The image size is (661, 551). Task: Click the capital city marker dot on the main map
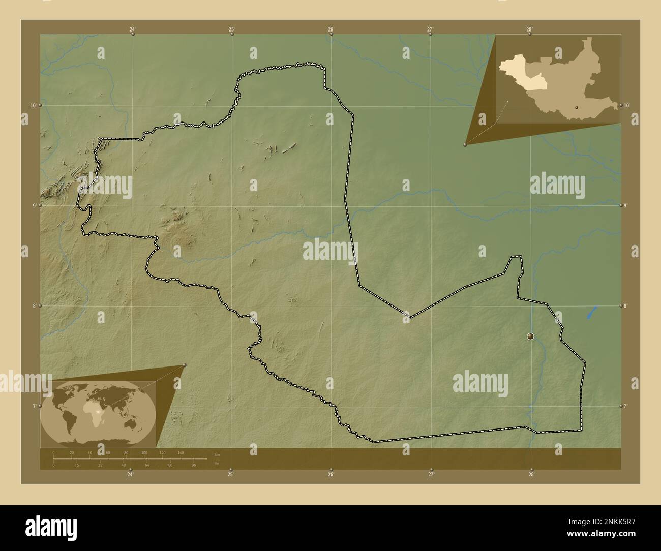coord(530,336)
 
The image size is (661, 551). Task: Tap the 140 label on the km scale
coord(181,452)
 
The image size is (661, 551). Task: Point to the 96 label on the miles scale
coord(193,465)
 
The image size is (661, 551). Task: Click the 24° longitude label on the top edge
coord(132,29)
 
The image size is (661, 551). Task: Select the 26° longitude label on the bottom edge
coord(330,475)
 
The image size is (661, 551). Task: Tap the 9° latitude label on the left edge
coord(33,205)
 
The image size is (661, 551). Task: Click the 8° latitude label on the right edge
coord(626,306)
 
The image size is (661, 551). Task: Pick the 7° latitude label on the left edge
coord(33,406)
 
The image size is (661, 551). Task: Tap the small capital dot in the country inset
coord(577,107)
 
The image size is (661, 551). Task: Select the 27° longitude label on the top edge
coord(430,29)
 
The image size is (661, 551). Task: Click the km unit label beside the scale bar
coord(217,454)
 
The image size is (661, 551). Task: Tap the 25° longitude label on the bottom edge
coord(230,475)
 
